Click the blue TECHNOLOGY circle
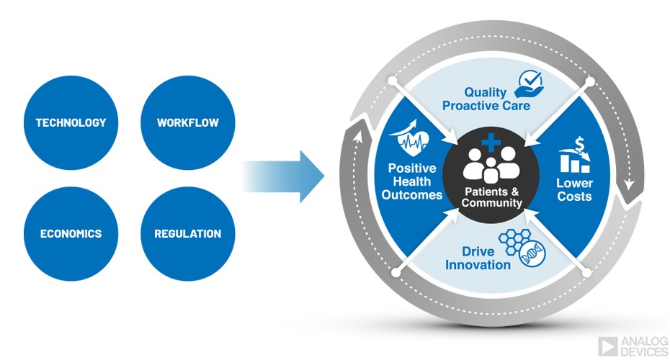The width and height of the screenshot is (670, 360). pyautogui.click(x=71, y=122)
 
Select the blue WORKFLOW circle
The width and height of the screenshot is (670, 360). pyautogui.click(x=187, y=122)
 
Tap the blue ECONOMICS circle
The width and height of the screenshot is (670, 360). pyautogui.click(x=71, y=233)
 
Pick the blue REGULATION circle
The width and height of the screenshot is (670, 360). pyautogui.click(x=187, y=233)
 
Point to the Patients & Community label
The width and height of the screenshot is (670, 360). pyautogui.click(x=492, y=197)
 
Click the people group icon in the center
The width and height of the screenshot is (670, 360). pyautogui.click(x=491, y=165)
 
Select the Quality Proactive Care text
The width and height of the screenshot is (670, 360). pyautogui.click(x=486, y=99)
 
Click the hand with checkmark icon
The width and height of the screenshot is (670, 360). pyautogui.click(x=530, y=81)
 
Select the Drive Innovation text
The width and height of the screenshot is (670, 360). pyautogui.click(x=478, y=258)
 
